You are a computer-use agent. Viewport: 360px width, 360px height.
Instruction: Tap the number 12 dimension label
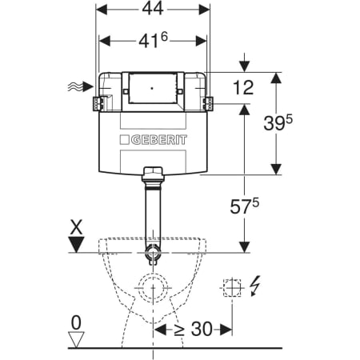[243, 87]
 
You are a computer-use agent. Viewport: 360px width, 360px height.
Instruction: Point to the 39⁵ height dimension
[278, 122]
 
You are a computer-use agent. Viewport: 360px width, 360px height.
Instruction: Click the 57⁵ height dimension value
[244, 206]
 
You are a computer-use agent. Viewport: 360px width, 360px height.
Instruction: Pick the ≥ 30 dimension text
[194, 329]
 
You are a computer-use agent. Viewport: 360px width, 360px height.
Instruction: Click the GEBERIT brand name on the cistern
[159, 140]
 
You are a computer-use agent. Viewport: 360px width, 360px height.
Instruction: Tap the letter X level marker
[77, 226]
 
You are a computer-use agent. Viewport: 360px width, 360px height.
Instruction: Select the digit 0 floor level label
[76, 322]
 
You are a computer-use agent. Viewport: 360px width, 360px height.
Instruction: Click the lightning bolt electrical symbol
[255, 286]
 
